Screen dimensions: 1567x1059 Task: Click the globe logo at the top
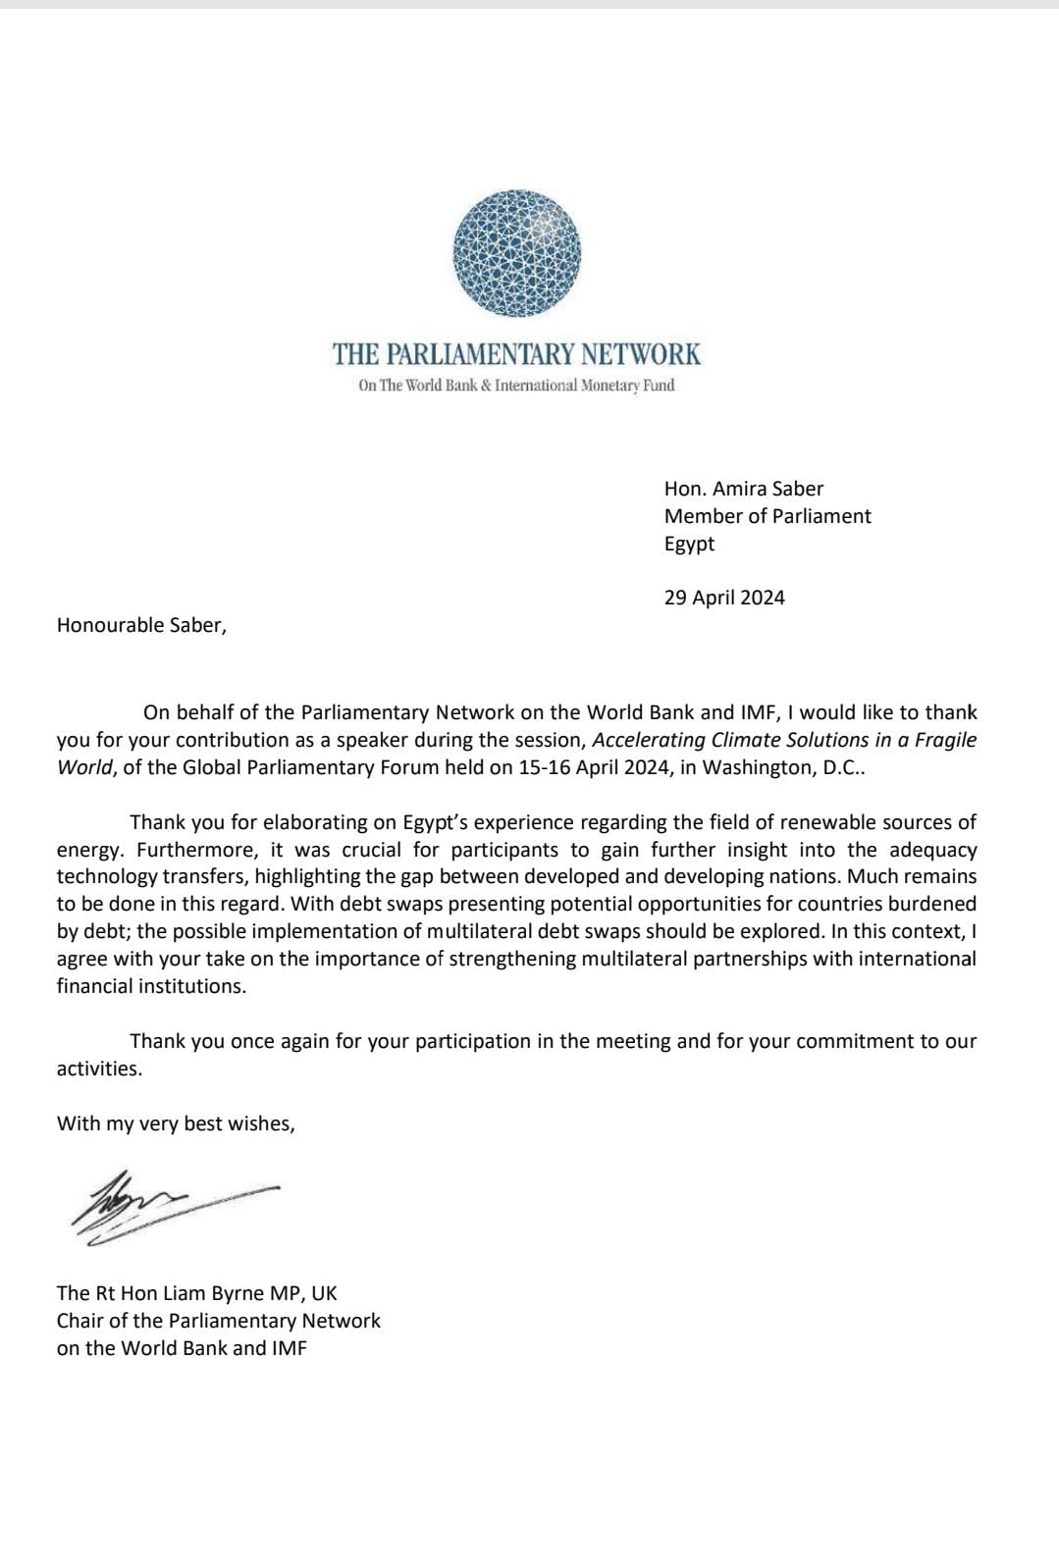[x=517, y=254]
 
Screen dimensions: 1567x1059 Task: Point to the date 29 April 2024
[x=724, y=598]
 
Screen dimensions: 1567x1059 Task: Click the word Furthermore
[x=190, y=850]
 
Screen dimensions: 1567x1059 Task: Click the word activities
[x=99, y=1069]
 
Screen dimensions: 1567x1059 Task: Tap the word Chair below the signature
[x=79, y=1321]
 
